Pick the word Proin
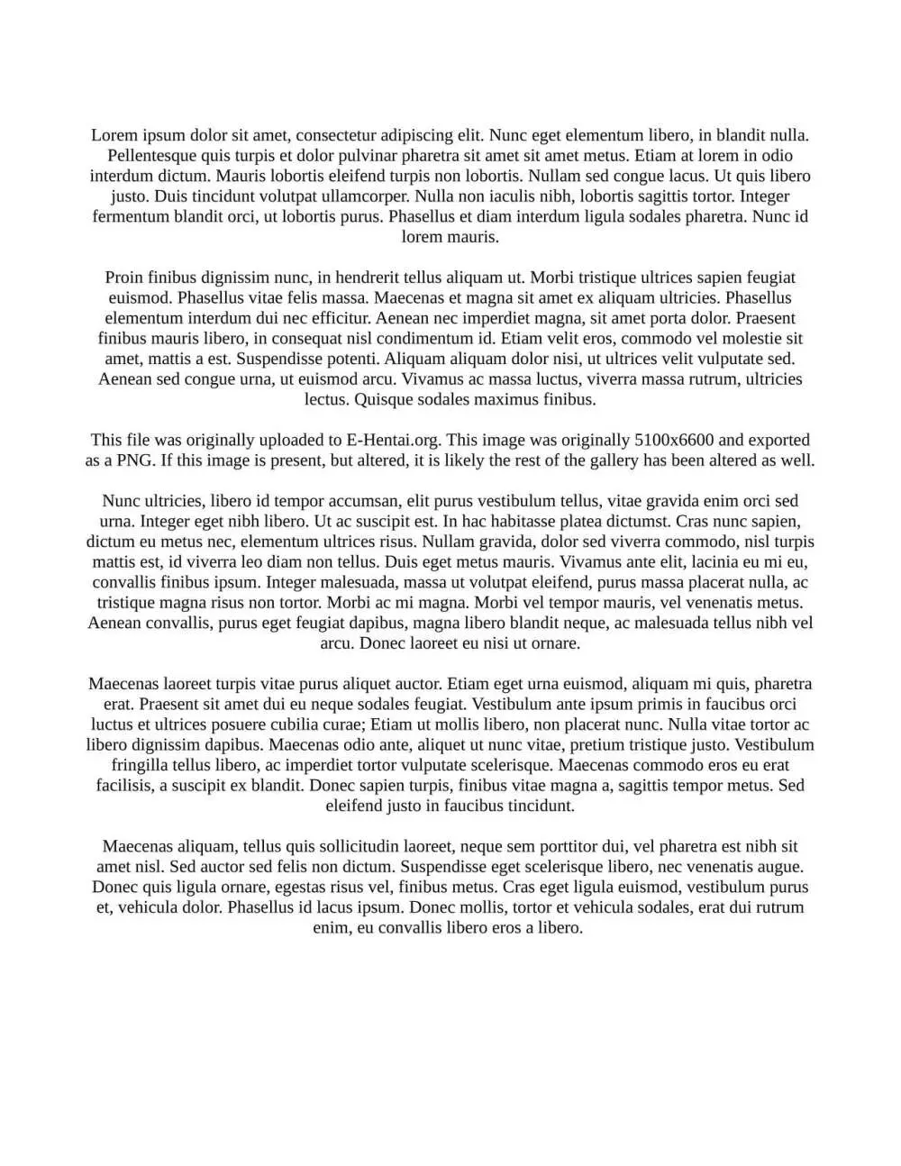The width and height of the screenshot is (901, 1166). point(124,278)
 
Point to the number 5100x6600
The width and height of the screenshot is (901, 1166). point(674,440)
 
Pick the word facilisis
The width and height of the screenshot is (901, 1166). point(123,786)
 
